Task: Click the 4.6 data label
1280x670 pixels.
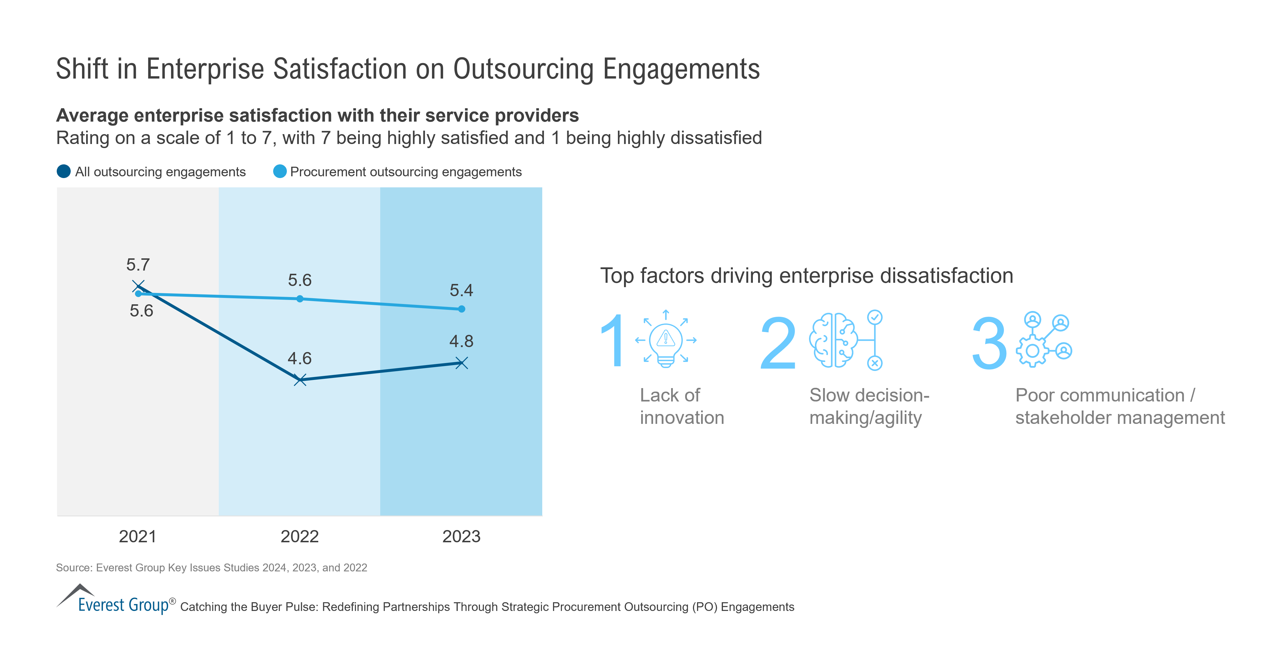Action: click(300, 358)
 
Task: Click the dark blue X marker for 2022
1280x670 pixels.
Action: click(300, 380)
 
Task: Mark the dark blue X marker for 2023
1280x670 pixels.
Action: click(462, 363)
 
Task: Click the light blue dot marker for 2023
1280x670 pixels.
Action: click(462, 309)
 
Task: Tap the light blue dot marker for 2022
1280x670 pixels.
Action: click(300, 299)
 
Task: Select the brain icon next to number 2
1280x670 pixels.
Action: click(833, 340)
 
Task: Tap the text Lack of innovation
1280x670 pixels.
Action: click(681, 406)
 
